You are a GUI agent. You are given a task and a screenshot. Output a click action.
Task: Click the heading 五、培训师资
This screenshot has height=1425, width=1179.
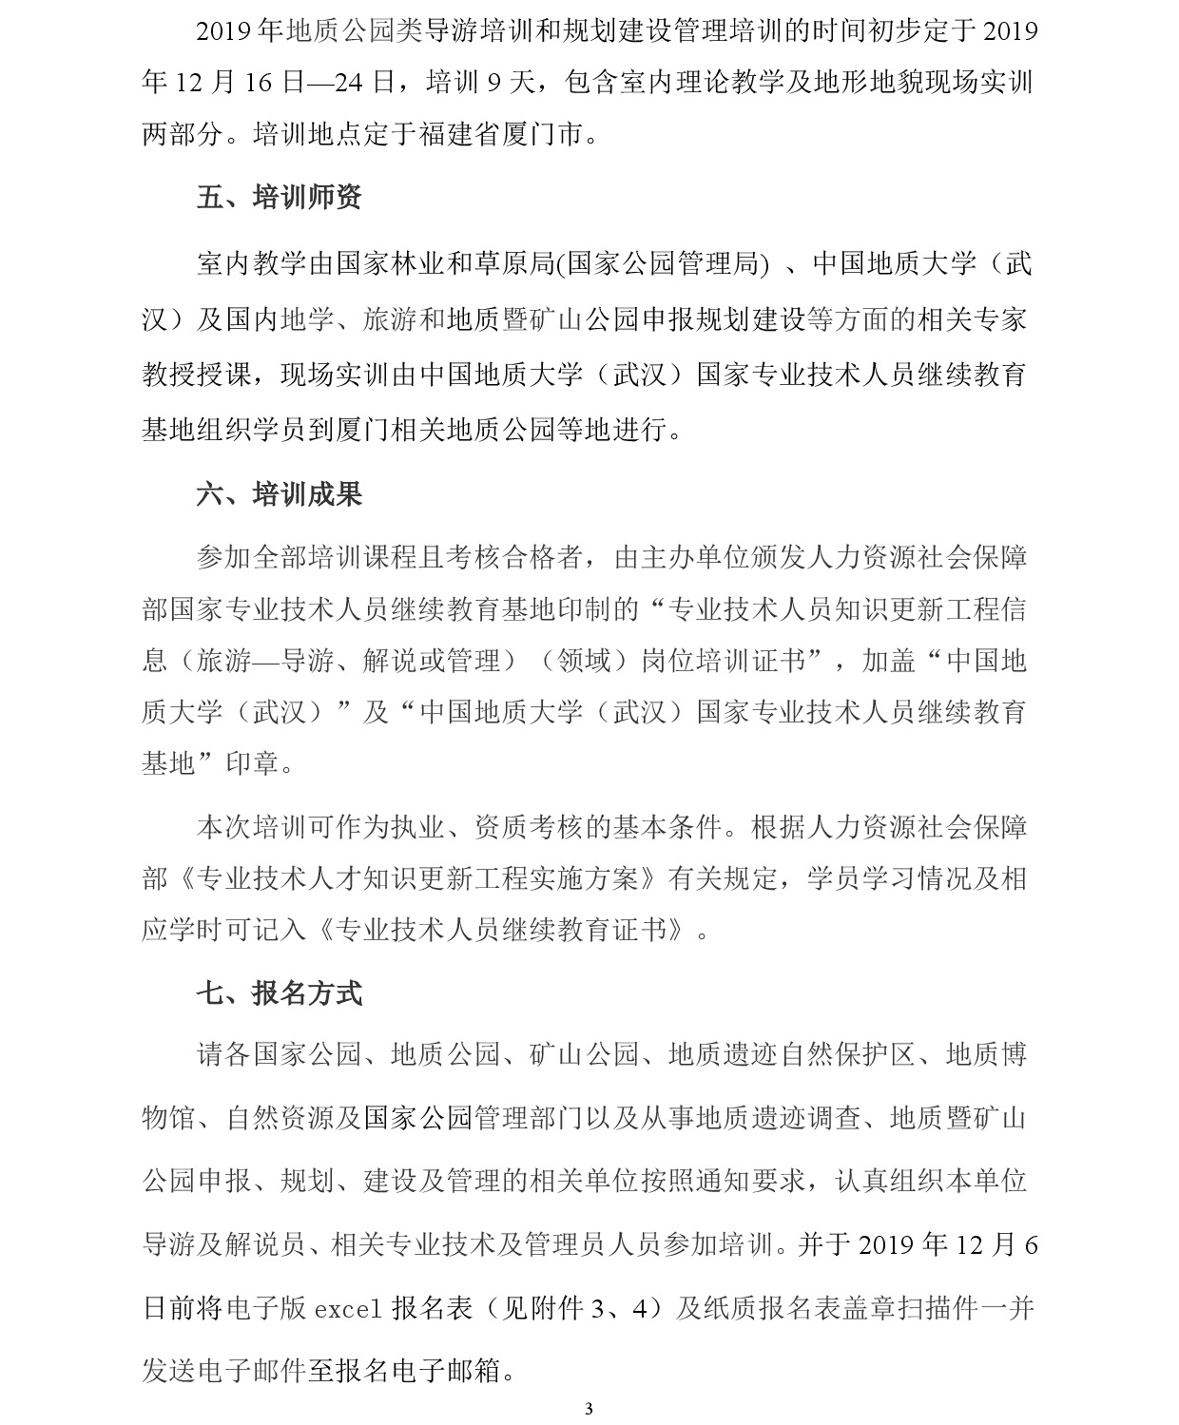pos(279,198)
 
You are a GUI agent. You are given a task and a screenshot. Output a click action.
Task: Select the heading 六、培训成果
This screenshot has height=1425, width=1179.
pos(279,494)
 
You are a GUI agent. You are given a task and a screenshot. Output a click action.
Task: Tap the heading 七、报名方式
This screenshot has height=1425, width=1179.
pos(279,994)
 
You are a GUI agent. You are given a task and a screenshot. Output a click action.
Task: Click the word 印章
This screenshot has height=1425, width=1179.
pos(252,763)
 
